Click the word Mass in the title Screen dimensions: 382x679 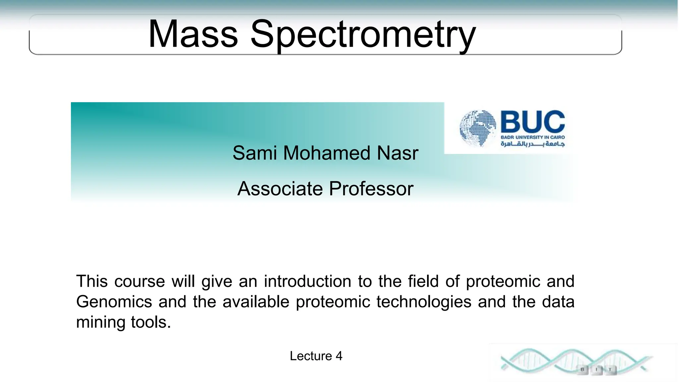pos(193,34)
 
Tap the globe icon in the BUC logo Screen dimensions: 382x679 pos(478,128)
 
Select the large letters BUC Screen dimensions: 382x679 pos(532,122)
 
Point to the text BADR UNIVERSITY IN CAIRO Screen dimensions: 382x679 pos(532,137)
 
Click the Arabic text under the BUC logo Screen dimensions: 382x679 pos(532,144)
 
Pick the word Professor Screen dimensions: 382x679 pos(371,189)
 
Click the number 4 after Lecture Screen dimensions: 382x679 pos(339,356)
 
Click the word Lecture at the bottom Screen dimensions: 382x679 pos(311,356)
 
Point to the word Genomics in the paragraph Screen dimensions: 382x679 pos(114,302)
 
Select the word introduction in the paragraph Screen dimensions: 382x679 pos(307,281)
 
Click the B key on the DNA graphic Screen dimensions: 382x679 pos(583,369)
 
